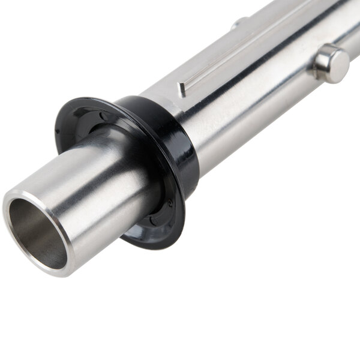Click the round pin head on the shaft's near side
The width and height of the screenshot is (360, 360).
[331, 63]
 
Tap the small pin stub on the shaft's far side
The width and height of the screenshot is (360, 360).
[239, 23]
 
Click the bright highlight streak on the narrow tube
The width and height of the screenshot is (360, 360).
[90, 174]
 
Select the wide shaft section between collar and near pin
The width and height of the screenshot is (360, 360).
[252, 102]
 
